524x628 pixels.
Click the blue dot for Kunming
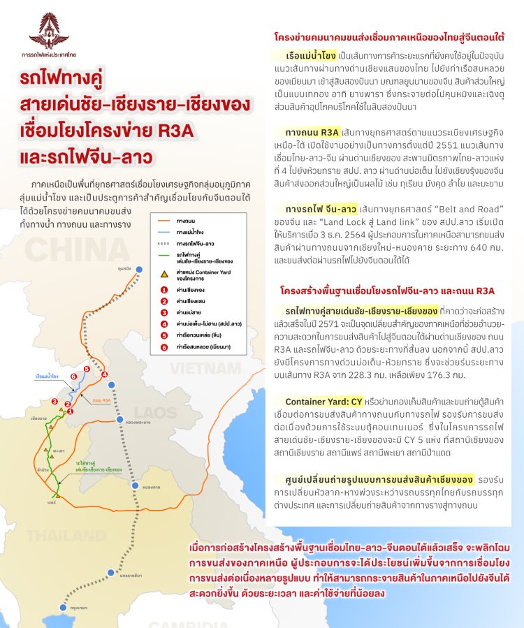point(138,269)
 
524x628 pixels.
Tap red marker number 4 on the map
point(104,375)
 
